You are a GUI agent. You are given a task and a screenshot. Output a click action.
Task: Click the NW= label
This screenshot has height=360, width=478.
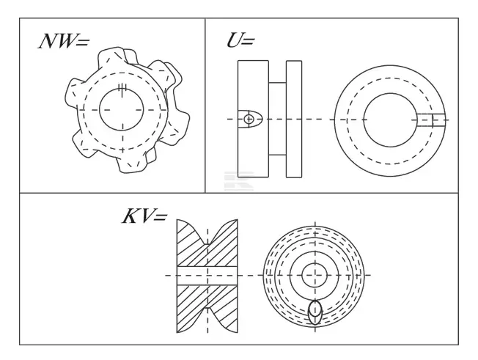click(64, 41)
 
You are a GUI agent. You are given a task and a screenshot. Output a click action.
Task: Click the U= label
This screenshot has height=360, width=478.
click(240, 40)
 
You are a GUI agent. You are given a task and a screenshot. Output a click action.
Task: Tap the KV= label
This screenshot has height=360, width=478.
click(144, 216)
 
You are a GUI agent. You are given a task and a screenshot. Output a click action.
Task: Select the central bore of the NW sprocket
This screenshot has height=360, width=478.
click(121, 109)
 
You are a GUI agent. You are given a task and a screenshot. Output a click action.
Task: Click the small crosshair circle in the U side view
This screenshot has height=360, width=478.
click(249, 119)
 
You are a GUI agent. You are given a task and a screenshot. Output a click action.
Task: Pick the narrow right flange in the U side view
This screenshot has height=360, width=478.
click(294, 119)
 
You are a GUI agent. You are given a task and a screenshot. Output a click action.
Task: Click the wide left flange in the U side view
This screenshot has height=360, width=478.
click(253, 119)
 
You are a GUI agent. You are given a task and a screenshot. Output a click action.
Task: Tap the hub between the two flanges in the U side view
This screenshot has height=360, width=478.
click(277, 119)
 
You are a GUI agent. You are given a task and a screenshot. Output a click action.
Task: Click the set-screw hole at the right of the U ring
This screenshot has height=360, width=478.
click(431, 120)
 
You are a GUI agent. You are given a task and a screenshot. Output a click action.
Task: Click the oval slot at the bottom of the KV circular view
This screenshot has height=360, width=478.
click(315, 312)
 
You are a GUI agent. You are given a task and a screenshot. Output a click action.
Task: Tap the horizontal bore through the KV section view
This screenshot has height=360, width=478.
click(207, 276)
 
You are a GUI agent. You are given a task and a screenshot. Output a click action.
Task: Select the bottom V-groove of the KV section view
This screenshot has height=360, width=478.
click(207, 320)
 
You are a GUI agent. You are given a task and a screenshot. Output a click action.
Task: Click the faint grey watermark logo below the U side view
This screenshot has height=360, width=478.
click(239, 181)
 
